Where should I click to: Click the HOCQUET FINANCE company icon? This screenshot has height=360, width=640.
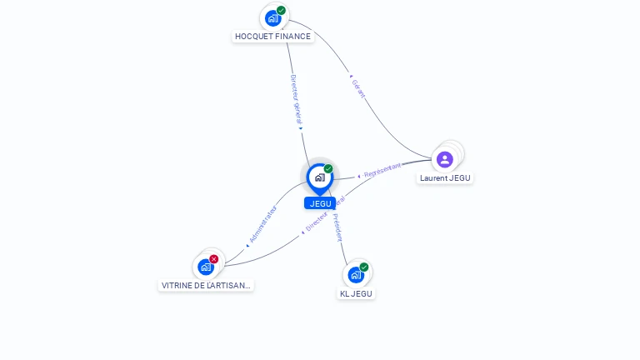click(x=272, y=17)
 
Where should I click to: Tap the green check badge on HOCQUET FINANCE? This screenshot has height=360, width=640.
click(x=282, y=10)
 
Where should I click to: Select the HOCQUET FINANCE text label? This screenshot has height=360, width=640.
click(x=272, y=37)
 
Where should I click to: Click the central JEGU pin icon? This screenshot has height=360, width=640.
click(x=319, y=177)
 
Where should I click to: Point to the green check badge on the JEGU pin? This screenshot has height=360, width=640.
click(x=328, y=168)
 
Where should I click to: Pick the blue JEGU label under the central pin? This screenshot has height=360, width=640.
click(x=320, y=203)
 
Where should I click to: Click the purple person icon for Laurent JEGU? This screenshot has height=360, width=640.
click(x=445, y=159)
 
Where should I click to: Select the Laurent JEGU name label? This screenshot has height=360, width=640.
click(x=446, y=177)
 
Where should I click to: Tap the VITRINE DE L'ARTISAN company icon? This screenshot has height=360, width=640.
click(x=205, y=267)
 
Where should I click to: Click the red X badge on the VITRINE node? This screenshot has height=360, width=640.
click(x=214, y=259)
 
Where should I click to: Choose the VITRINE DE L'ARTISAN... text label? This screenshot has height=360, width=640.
click(x=206, y=286)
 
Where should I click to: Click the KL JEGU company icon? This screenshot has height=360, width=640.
click(x=356, y=275)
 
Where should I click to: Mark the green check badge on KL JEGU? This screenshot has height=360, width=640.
click(x=364, y=267)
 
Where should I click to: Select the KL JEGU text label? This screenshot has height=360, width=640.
click(x=357, y=293)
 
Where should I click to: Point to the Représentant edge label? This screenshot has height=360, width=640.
click(x=382, y=171)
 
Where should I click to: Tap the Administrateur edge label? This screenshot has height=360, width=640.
click(x=262, y=224)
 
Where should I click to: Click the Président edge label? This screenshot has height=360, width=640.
click(x=337, y=227)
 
